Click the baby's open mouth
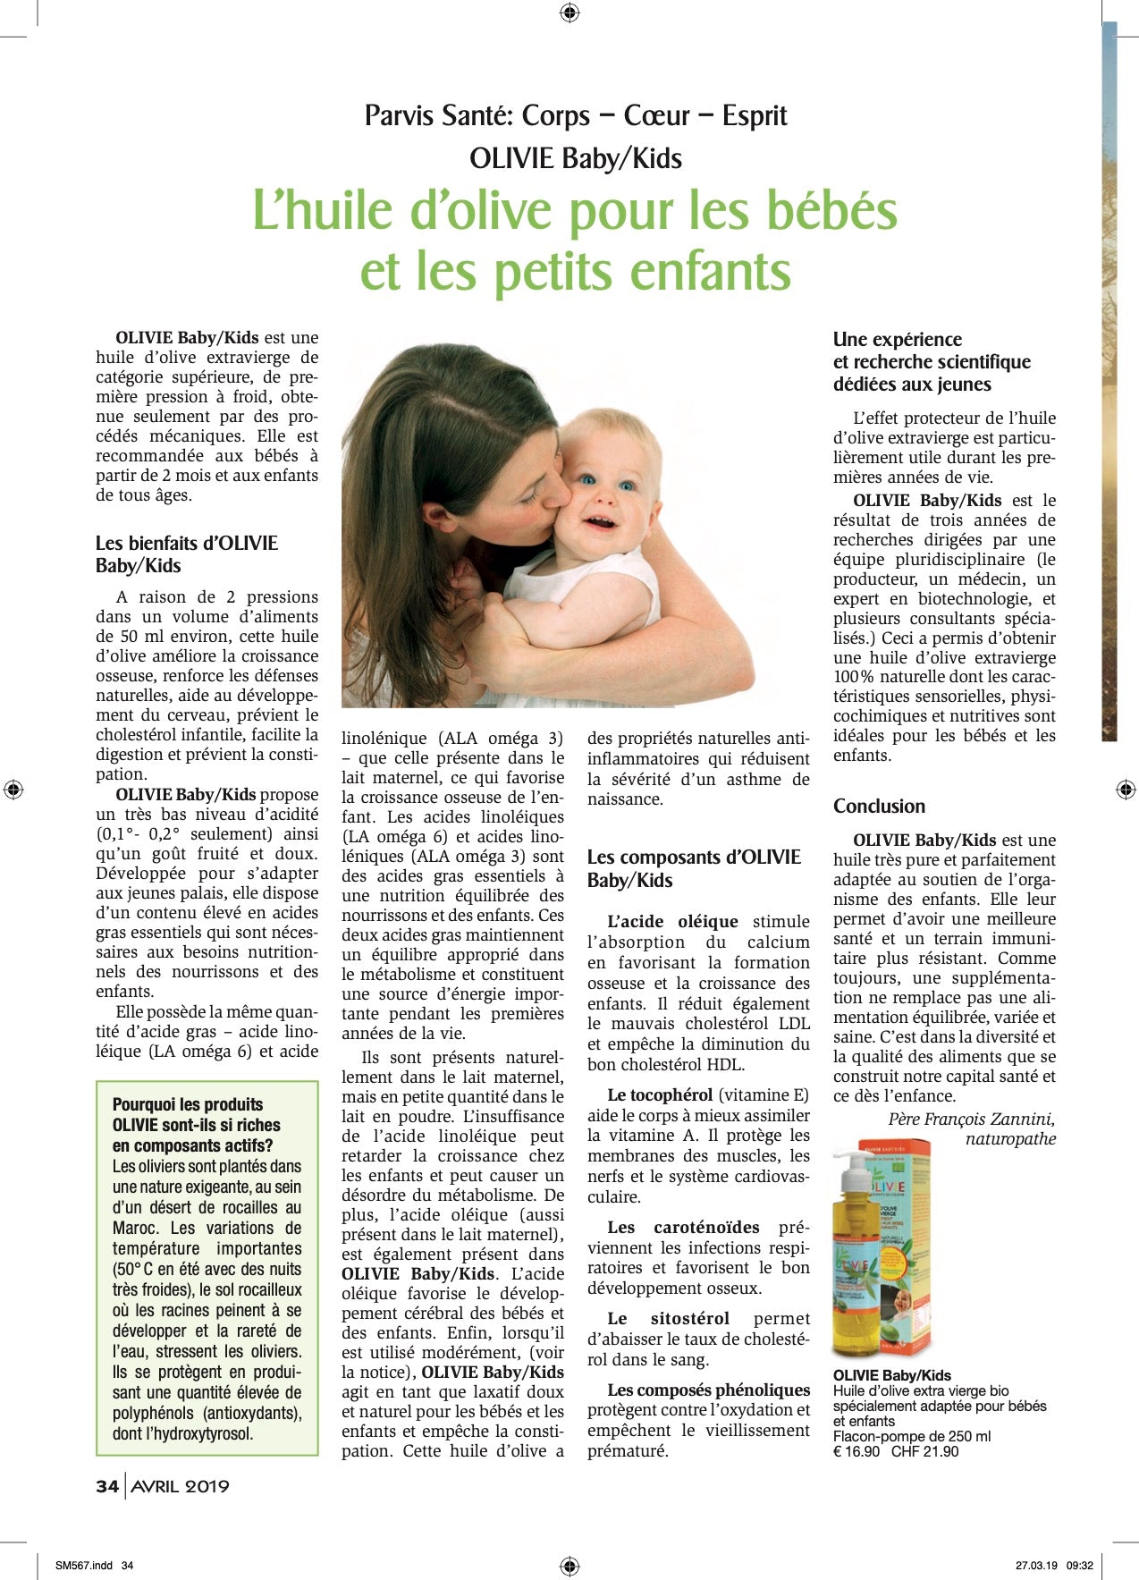click(x=600, y=521)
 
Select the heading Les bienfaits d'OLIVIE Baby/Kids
click(x=187, y=554)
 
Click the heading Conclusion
click(x=879, y=807)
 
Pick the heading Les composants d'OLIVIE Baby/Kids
click(x=694, y=868)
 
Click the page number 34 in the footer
click(x=107, y=1486)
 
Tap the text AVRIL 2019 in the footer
click(x=181, y=1486)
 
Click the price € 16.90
click(x=856, y=1451)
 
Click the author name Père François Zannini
click(x=971, y=1120)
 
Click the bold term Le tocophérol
click(x=660, y=1094)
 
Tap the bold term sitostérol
click(x=689, y=1318)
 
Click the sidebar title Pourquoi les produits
click(x=188, y=1104)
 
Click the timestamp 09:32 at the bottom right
click(x=1080, y=1566)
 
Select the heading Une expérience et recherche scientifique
click(x=932, y=351)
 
